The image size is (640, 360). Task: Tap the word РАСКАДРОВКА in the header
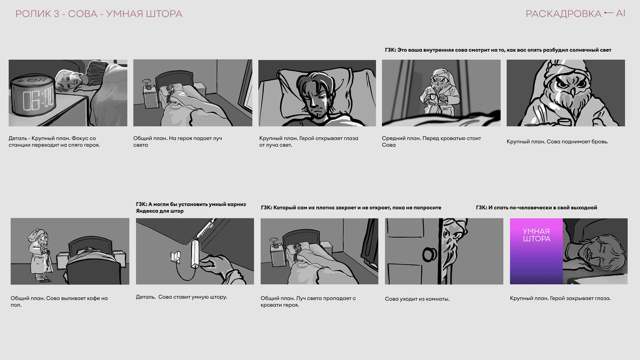pos(564,14)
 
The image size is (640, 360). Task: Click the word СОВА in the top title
pos(83,14)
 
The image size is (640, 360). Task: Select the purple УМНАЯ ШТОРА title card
pos(536,251)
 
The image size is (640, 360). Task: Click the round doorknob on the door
pos(429,254)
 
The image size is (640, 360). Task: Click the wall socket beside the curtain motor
pos(175,256)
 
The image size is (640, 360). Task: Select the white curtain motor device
pos(195,254)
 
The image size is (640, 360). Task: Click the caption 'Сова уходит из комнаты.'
pos(417,299)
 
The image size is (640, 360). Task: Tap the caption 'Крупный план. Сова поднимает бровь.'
pos(557,142)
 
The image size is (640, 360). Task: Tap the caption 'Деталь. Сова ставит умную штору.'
pos(181,297)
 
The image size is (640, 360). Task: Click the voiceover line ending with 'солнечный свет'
pos(498,50)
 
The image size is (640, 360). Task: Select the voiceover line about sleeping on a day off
pos(536,208)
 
